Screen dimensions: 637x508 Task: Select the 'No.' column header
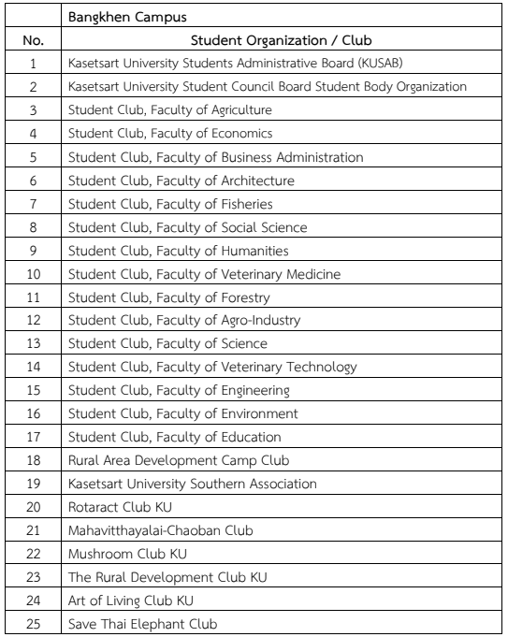pyautogui.click(x=33, y=40)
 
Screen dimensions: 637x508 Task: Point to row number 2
pyautogui.click(x=33, y=87)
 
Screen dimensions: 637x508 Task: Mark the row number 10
pyautogui.click(x=33, y=274)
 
